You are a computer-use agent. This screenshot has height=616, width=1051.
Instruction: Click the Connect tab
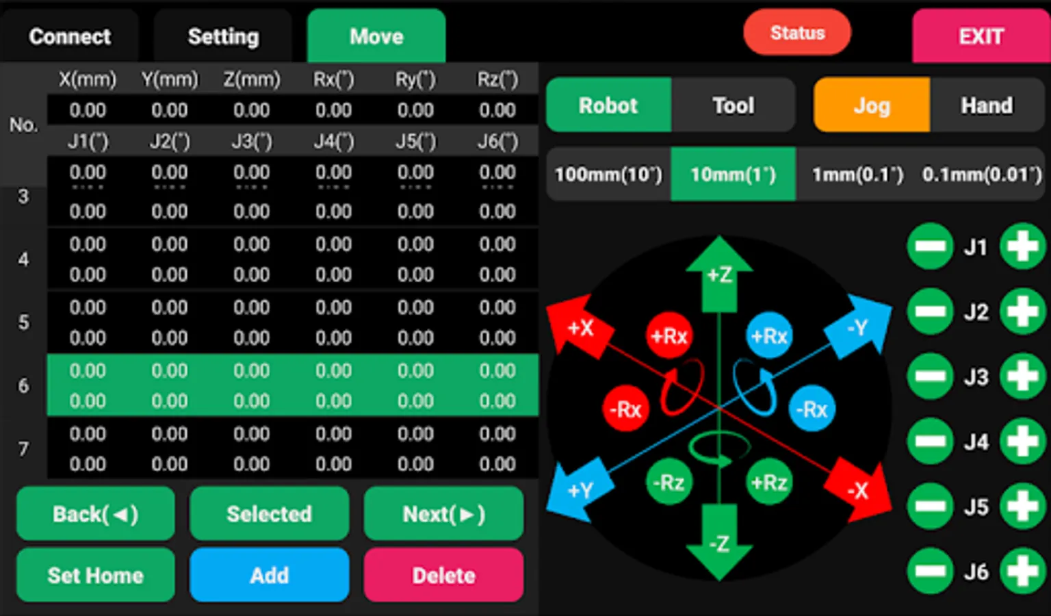tap(69, 36)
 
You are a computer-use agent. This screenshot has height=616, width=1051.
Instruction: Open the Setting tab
tap(223, 36)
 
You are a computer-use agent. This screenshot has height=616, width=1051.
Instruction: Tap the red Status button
tap(797, 32)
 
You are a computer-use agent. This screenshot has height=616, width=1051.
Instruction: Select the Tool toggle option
tap(734, 105)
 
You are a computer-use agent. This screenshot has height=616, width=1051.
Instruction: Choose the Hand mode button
tap(987, 105)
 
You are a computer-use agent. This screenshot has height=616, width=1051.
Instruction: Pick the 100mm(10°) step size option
tap(608, 174)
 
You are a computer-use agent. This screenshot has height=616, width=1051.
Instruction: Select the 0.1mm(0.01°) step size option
tap(982, 174)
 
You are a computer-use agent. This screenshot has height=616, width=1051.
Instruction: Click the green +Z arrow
tap(719, 274)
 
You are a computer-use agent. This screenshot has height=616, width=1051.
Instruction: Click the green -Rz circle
tap(669, 482)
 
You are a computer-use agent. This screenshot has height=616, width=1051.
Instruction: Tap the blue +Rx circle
tap(769, 335)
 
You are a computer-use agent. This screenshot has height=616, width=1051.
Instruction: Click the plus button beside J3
tap(1023, 376)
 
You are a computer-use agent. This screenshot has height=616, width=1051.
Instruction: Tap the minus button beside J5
tap(931, 506)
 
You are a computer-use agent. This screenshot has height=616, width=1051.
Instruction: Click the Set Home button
tap(96, 575)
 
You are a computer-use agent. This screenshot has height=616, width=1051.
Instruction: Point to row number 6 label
tap(23, 385)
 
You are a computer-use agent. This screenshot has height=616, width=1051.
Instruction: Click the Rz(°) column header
tap(498, 79)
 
